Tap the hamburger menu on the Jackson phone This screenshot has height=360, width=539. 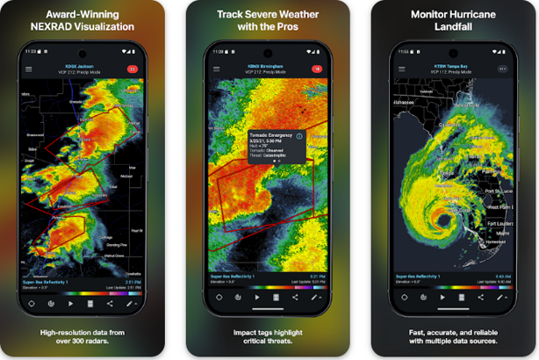(x=28, y=68)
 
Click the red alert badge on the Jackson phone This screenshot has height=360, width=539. (x=133, y=68)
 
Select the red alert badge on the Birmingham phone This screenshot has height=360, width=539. (x=317, y=68)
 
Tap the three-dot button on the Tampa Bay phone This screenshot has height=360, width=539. (x=502, y=68)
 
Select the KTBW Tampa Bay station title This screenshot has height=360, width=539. (x=451, y=65)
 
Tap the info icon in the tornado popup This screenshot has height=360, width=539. (x=299, y=136)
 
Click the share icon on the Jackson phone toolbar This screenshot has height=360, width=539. (x=110, y=303)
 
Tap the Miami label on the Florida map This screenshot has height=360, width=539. (x=502, y=233)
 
